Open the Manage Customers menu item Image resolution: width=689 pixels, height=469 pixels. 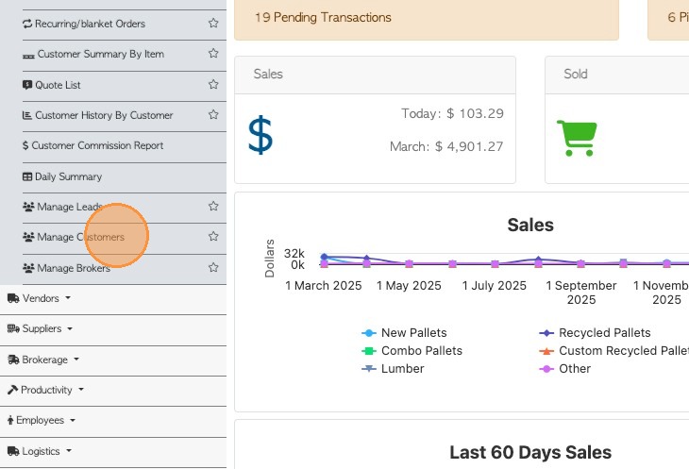pyautogui.click(x=80, y=237)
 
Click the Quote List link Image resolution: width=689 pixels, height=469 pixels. pyautogui.click(x=58, y=85)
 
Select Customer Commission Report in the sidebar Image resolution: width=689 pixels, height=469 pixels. pyautogui.click(x=97, y=146)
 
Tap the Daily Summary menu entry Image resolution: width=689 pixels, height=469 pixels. pyautogui.click(x=68, y=176)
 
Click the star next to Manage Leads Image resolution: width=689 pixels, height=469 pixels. pyautogui.click(x=213, y=207)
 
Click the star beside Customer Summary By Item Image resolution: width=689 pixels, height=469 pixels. pyautogui.click(x=213, y=54)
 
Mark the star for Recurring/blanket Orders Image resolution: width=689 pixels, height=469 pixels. pyautogui.click(x=213, y=24)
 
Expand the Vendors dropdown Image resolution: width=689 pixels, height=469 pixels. pyautogui.click(x=40, y=298)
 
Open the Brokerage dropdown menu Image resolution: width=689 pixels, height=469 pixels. pyautogui.click(x=44, y=360)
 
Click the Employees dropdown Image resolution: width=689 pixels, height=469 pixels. pyautogui.click(x=44, y=421)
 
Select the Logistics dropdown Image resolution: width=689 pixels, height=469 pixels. pyautogui.click(x=42, y=451)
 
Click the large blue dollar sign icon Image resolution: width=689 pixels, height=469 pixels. pyautogui.click(x=260, y=135)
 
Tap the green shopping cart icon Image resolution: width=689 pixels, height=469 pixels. pyautogui.click(x=575, y=138)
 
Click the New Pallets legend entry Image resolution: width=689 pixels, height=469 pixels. pyautogui.click(x=413, y=333)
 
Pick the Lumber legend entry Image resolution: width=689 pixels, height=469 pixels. pyautogui.click(x=402, y=369)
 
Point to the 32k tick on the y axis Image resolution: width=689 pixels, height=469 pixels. pyautogui.click(x=294, y=254)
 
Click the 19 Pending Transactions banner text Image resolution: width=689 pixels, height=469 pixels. pyautogui.click(x=323, y=18)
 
